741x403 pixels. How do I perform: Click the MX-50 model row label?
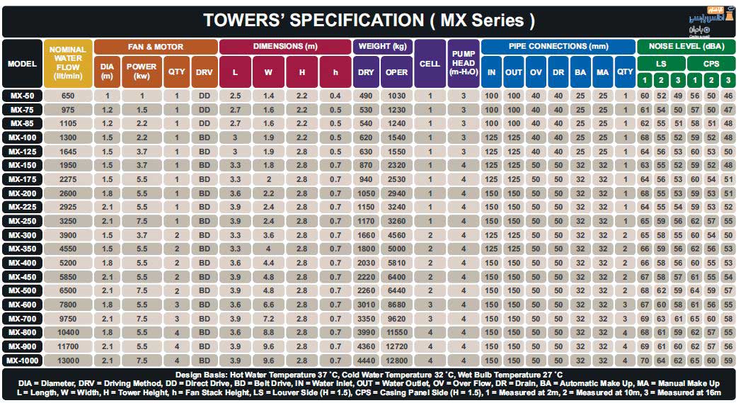pos(22,96)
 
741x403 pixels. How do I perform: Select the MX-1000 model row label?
pos(22,360)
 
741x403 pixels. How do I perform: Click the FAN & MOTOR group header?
pos(155,47)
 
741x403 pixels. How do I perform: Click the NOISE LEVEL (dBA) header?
pos(686,47)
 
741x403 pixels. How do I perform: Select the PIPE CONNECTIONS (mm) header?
pos(558,47)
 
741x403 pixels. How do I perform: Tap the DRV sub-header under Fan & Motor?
pos(204,72)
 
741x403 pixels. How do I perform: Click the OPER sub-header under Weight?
pos(397,72)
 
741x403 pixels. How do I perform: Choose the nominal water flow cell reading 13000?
pos(68,360)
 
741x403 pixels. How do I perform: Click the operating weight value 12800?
pos(397,360)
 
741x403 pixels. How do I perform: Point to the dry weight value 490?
pos(366,96)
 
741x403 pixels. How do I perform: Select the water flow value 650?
pos(68,96)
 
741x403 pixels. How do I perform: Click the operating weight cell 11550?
pos(397,332)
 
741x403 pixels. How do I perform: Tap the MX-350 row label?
pos(22,249)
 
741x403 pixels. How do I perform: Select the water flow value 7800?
pos(68,305)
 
